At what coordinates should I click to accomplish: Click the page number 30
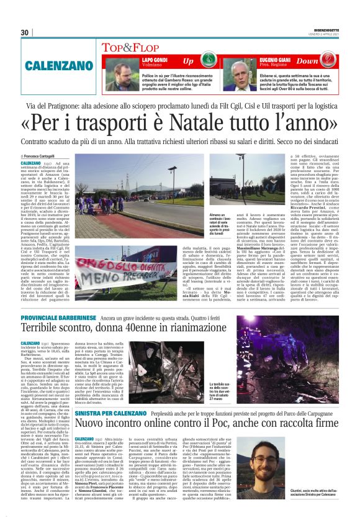(25, 32)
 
